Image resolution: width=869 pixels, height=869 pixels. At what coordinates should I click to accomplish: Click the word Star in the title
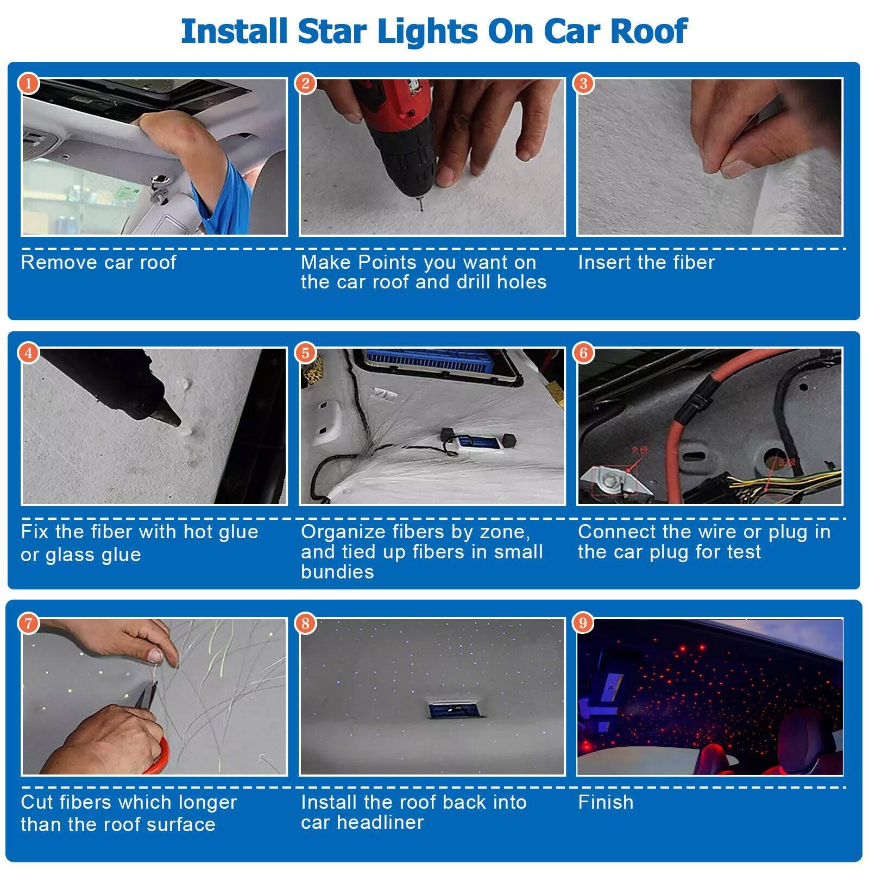tap(331, 31)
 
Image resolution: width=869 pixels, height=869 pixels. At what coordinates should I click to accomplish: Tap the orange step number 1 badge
tap(28, 84)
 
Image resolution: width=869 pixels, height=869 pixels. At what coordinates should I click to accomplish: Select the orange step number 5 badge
tap(306, 353)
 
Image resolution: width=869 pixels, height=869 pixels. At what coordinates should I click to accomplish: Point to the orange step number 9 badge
tap(583, 622)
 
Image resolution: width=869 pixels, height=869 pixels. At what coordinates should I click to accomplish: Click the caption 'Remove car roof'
tap(98, 262)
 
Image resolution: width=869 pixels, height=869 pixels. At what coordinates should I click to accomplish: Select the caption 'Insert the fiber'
tap(646, 262)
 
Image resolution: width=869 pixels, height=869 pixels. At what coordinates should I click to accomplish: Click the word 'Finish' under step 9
tap(605, 802)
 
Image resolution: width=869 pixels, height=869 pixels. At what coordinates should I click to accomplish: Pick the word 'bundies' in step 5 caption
tap(337, 572)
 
